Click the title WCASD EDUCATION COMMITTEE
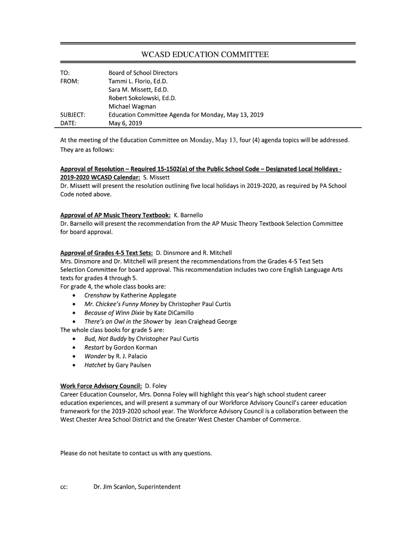click(204, 54)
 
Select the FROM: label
click(70, 81)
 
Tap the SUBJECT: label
click(73, 115)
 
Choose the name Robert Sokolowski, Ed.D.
click(142, 98)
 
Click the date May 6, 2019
click(125, 123)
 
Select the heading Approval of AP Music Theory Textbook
click(116, 215)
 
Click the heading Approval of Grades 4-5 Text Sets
click(106, 252)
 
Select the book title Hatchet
click(95, 365)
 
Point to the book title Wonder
click(95, 356)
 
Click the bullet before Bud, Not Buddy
click(73, 339)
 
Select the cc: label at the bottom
click(64, 486)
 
